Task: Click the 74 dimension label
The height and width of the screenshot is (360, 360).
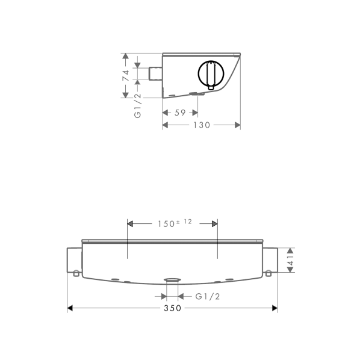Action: click(126, 75)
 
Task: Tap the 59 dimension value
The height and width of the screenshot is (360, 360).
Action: click(180, 113)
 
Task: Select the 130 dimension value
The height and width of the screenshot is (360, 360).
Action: click(202, 125)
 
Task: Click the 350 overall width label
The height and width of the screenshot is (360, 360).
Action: click(172, 308)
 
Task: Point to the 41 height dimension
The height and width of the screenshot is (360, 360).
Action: click(291, 260)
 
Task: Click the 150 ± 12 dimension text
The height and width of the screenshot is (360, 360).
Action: click(175, 223)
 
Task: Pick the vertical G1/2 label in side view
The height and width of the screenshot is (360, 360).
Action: click(137, 106)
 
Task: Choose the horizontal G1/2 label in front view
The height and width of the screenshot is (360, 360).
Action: click(208, 296)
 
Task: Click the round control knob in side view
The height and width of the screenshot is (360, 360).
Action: click(211, 73)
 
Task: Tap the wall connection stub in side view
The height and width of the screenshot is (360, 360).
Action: click(156, 73)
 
